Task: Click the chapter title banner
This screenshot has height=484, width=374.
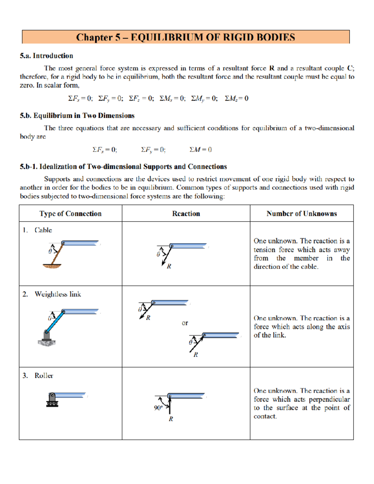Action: [186, 37]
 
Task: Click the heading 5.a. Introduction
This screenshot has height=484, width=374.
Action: [46, 56]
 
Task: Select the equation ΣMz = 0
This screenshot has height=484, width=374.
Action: [237, 98]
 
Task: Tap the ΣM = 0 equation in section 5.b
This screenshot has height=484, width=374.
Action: [200, 150]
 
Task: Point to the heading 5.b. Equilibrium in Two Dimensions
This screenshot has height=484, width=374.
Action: [77, 116]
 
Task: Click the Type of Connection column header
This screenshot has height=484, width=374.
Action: [70, 214]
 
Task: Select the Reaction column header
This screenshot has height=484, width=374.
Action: [186, 214]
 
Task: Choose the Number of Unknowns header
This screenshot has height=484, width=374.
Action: [301, 214]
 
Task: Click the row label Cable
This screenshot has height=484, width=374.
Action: [43, 230]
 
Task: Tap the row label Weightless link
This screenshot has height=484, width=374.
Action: [58, 294]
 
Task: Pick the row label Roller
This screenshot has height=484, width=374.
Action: [44, 376]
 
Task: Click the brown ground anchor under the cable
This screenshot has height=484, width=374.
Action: [52, 266]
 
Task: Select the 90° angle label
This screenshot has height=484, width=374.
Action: [158, 408]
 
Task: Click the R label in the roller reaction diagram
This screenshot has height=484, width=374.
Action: [171, 419]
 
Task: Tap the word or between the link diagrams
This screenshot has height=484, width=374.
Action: [185, 323]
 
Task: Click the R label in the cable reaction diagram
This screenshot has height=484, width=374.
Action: [169, 266]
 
